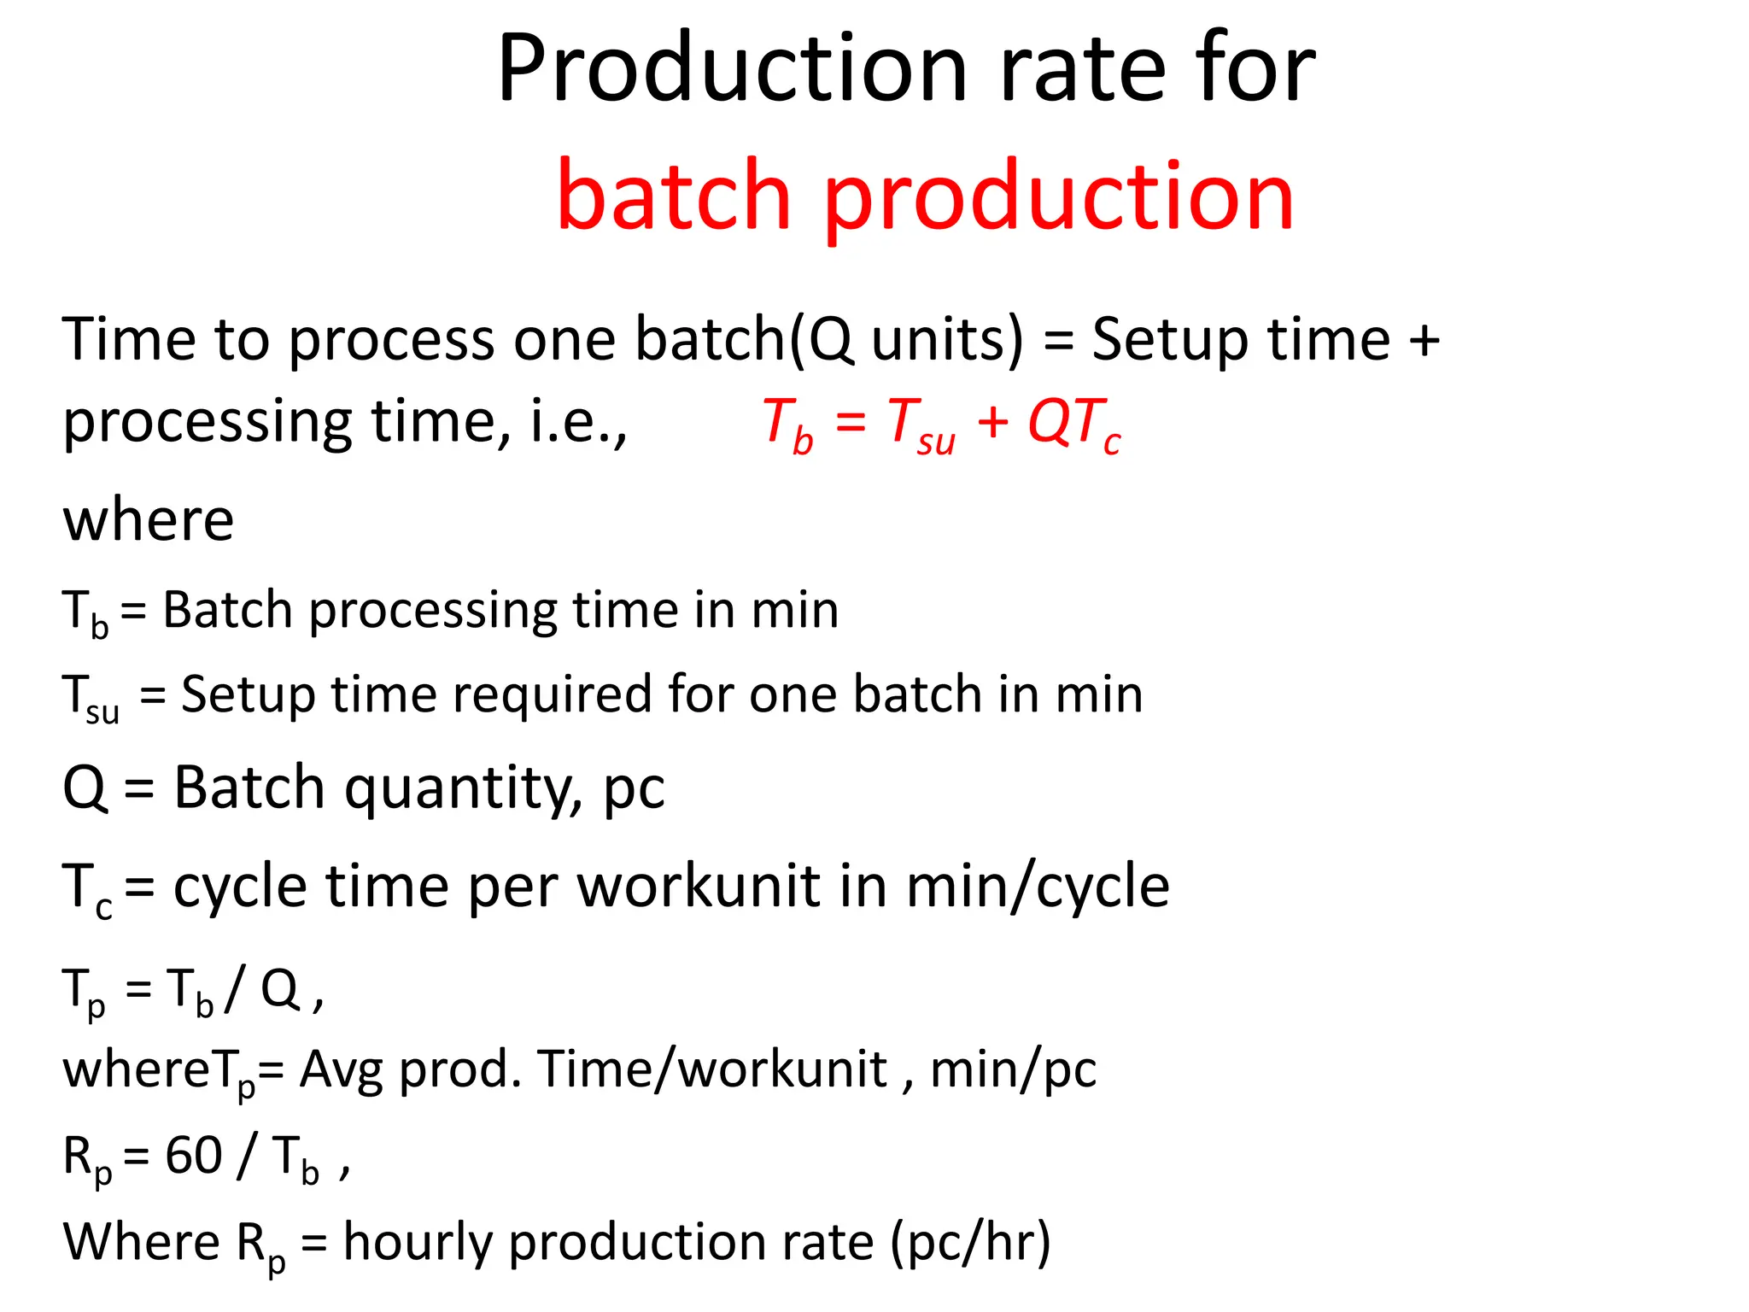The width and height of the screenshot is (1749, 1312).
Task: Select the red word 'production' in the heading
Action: click(x=1059, y=198)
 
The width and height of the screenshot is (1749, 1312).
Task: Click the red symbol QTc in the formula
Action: click(x=1073, y=424)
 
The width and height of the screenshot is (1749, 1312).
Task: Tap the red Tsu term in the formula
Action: click(x=921, y=425)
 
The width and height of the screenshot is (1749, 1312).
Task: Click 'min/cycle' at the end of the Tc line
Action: click(x=1038, y=886)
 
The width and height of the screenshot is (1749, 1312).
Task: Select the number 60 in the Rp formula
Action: click(x=194, y=1156)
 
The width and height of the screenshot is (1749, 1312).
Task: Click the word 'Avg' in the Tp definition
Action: click(x=341, y=1069)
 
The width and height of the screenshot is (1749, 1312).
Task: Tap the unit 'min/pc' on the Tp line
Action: click(x=1013, y=1069)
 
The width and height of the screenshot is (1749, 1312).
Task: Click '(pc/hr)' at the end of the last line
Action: click(x=971, y=1242)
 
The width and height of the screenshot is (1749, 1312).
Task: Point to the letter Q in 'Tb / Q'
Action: click(x=279, y=989)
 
